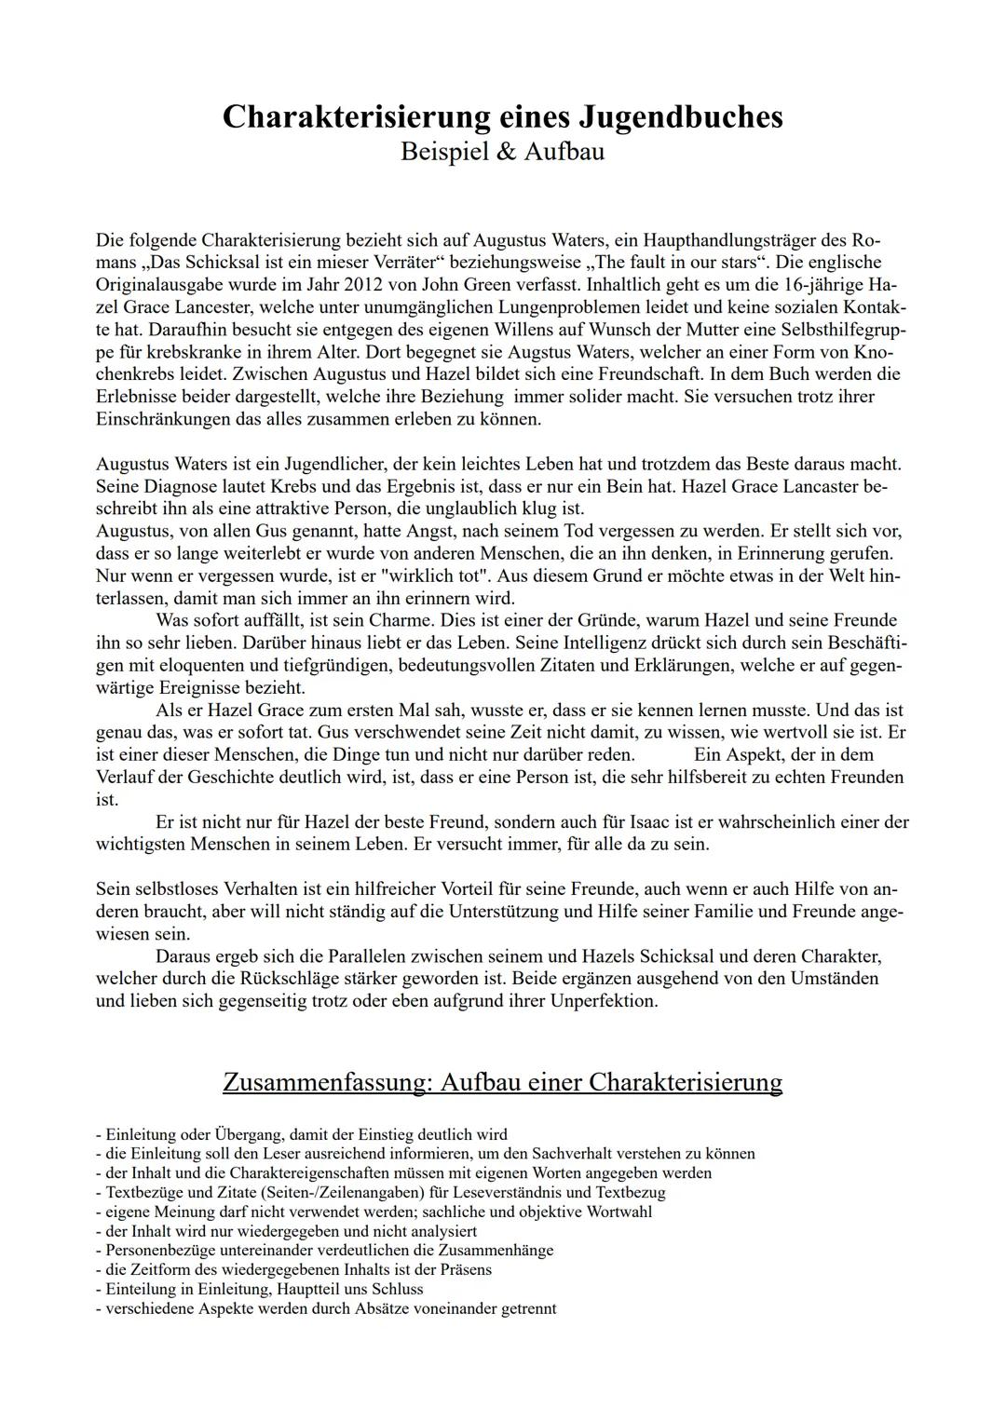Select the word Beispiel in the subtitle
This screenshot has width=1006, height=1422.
[442, 151]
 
